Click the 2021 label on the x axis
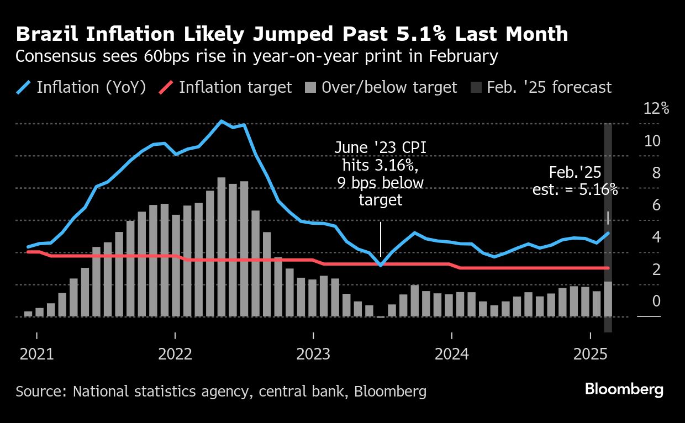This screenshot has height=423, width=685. [36, 353]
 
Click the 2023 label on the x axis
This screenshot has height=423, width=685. [313, 353]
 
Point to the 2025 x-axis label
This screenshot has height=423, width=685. [590, 353]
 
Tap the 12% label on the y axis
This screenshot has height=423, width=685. [656, 109]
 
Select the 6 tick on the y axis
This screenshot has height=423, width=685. [656, 205]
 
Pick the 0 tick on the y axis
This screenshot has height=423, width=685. [656, 302]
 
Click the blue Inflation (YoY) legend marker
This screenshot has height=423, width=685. [23, 87]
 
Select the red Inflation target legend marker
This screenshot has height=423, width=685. [166, 87]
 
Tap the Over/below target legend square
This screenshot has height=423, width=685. [310, 88]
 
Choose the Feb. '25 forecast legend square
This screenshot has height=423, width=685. [476, 88]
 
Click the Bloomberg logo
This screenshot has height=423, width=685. [624, 389]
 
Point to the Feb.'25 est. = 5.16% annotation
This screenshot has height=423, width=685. [575, 181]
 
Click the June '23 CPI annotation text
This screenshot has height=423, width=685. [380, 173]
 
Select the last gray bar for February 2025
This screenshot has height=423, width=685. [608, 299]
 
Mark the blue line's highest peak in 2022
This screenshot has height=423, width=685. [221, 121]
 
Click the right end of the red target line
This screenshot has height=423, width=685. [608, 268]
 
